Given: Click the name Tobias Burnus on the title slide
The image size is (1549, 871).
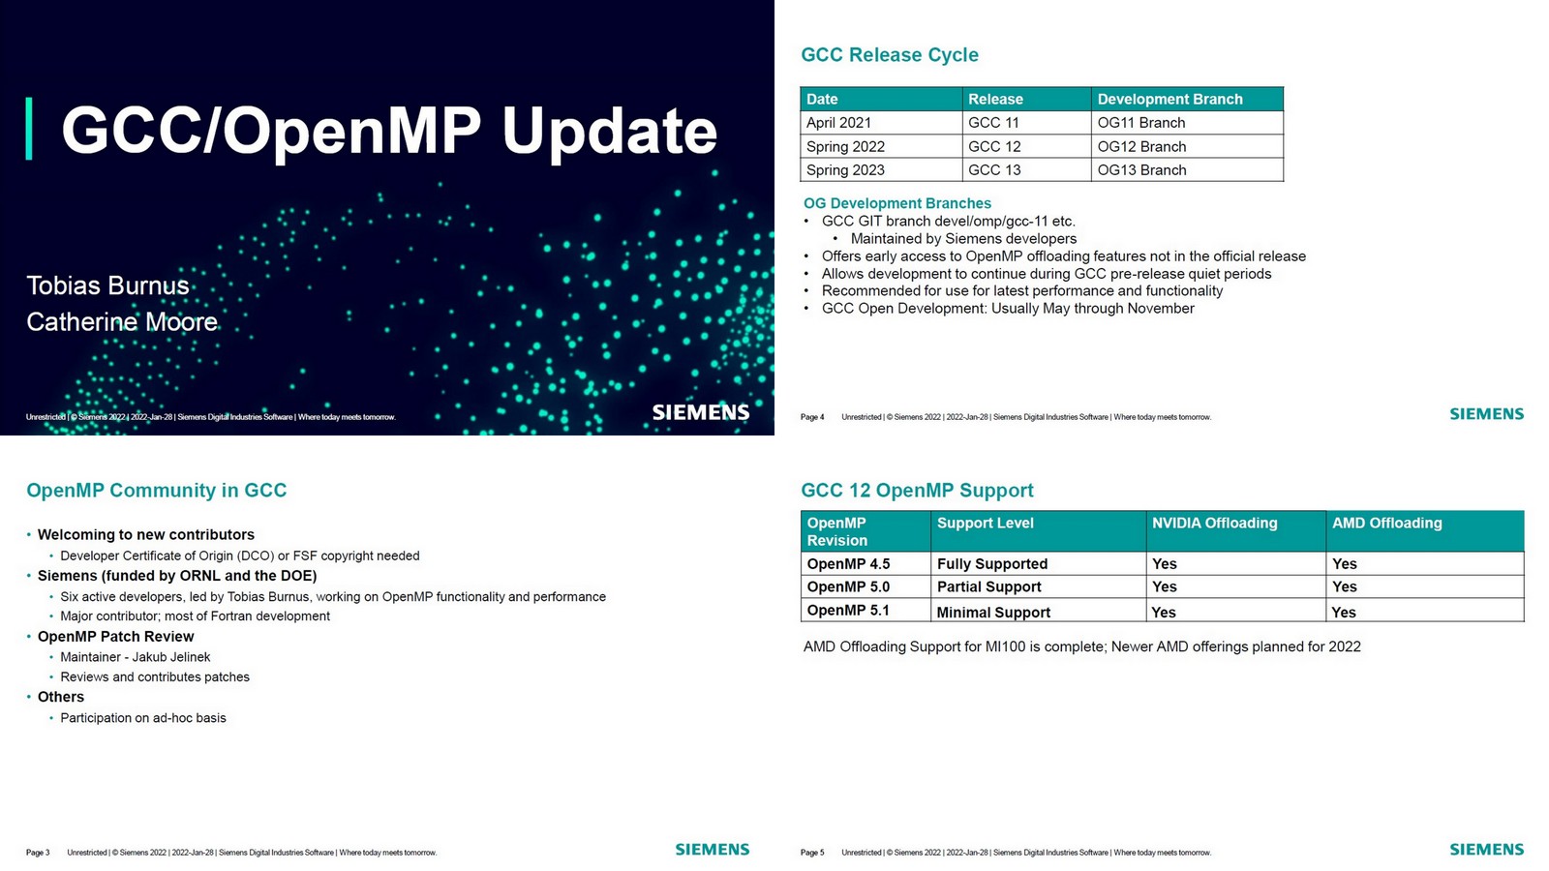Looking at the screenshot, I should coord(107,285).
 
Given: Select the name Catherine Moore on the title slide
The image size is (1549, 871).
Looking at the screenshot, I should coord(122,321).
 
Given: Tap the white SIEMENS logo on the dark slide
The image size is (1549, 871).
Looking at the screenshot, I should coord(700,412).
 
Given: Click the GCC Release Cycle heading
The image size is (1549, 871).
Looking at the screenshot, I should coord(889,55).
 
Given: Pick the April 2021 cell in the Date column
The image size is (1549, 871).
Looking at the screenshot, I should coord(838,123).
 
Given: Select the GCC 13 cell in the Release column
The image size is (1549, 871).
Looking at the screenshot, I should coord(994,170).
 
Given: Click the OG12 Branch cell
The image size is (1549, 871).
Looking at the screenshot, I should coord(1141,147).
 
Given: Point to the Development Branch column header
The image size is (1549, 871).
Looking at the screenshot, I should coord(1169,99).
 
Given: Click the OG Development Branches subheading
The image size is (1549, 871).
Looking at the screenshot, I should coord(896,203).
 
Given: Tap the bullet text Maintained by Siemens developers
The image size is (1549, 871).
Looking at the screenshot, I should coord(962,239).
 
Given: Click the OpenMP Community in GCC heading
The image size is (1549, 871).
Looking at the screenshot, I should coord(157,491).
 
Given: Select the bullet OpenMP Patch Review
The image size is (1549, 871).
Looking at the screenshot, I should coord(115,637).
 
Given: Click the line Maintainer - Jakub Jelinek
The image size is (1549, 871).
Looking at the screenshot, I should coord(135,657).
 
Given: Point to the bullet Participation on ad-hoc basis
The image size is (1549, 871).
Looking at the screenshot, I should coord(142,718).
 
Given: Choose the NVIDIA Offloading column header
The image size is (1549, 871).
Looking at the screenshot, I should coord(1214,524).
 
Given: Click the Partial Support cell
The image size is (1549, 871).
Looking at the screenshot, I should coord(988,587).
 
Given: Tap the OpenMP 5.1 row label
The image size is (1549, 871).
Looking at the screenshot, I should coord(848,611).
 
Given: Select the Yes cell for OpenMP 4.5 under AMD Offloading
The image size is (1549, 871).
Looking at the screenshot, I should coord(1344,564).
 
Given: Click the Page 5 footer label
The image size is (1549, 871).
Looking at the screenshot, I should coord(811,853).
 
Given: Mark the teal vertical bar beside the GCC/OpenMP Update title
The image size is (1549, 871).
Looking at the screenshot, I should coord(29,128).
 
